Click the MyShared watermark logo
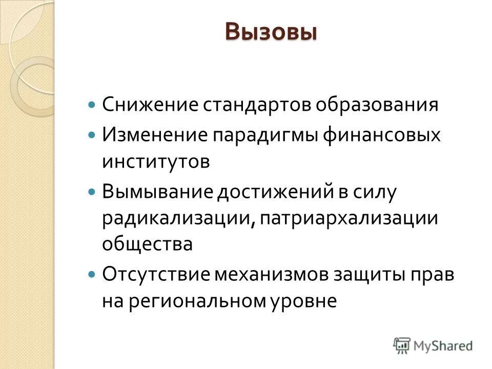coord(433,345)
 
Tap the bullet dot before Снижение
coord(92,105)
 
